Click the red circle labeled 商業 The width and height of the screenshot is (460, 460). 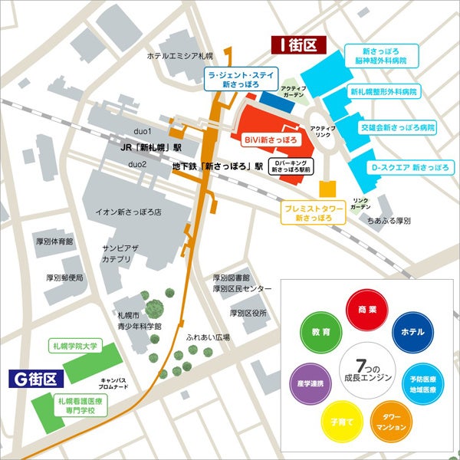366,309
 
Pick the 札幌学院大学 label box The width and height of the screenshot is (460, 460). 75,347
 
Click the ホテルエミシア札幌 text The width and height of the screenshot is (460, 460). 179,57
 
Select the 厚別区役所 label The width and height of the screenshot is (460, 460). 248,314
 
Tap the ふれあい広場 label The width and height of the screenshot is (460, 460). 208,337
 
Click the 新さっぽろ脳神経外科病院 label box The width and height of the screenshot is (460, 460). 379,54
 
